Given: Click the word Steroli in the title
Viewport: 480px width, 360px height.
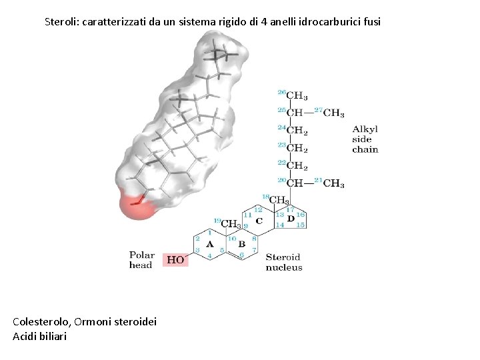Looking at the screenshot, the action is pos(61,21).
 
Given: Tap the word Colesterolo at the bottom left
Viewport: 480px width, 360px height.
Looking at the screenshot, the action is pos(41,322).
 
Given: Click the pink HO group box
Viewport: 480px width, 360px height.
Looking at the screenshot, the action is pos(176,260).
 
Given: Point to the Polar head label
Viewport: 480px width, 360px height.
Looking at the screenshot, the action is pos(141,260).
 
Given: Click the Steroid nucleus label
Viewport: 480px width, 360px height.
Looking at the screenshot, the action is pos(283,262).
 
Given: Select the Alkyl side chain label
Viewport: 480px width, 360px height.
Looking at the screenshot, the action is pos(365,139).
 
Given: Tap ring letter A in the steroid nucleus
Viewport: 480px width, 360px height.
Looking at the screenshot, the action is pos(210,244).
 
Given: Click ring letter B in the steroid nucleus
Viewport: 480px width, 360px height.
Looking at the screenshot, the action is pos(242,244).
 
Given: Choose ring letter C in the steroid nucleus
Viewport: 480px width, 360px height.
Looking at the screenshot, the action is pos(259,221).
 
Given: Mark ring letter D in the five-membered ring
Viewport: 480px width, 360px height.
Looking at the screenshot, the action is pos(291,218).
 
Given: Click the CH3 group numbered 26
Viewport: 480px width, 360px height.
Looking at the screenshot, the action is pos(297,96).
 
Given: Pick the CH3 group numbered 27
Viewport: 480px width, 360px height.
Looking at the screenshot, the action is pos(333,113).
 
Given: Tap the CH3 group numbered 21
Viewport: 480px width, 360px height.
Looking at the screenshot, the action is pos(333,183).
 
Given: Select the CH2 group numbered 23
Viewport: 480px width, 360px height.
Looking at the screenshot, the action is pos(297,148).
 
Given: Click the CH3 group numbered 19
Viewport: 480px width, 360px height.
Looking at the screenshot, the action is pos(231,224).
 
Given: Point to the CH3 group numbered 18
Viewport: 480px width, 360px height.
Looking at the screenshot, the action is pos(279,200).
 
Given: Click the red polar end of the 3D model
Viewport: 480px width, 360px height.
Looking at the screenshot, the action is pos(136,205).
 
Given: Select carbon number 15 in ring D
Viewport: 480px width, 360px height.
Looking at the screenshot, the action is pos(301,225).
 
